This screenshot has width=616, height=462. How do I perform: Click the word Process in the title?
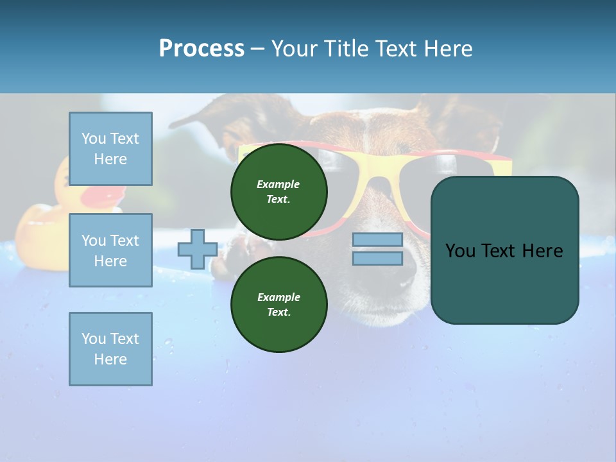click(201, 49)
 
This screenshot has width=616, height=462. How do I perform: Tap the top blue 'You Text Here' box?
click(110, 149)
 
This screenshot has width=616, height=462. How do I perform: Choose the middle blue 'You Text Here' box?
click(110, 250)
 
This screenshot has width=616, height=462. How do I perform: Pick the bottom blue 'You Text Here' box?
click(110, 348)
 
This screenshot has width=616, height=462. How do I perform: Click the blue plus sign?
click(197, 249)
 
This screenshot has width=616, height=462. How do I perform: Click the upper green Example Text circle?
click(278, 191)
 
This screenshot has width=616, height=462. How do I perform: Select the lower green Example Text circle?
click(278, 304)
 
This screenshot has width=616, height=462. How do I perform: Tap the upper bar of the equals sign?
click(377, 240)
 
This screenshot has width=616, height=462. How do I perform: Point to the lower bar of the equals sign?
click(377, 258)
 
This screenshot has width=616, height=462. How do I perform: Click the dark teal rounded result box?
click(504, 250)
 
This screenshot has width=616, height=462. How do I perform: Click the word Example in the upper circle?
click(278, 184)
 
